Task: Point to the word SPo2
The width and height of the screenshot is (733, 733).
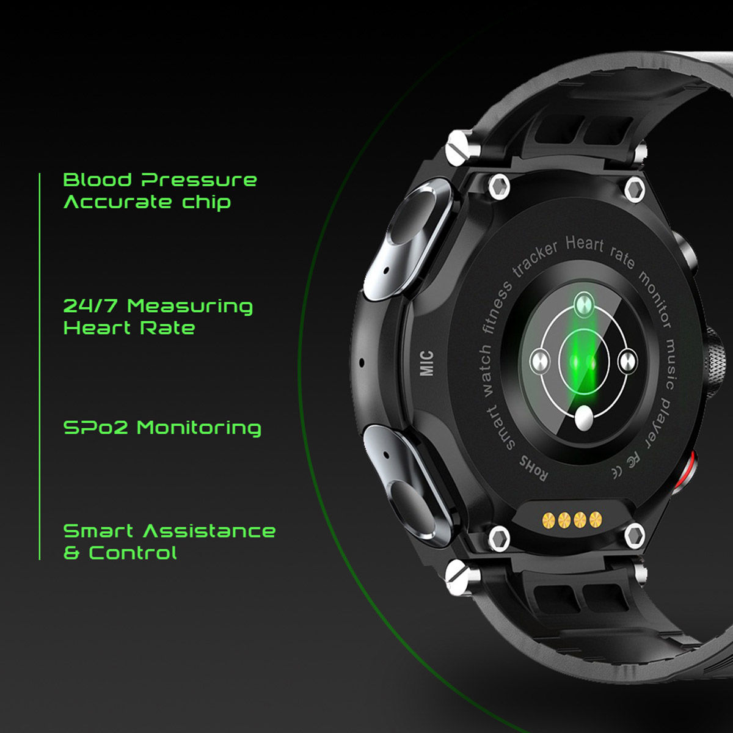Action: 96,428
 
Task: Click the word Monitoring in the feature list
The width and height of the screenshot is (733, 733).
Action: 199,428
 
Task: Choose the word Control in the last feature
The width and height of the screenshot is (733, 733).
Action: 133,553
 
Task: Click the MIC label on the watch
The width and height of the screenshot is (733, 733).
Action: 426,363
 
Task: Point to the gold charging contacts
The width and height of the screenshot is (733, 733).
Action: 571,520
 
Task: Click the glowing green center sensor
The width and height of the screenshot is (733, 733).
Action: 583,362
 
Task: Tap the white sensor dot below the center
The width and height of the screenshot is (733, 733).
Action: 584,418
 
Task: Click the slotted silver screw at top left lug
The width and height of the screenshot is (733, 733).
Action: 458,147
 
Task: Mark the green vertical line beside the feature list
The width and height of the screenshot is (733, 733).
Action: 39,366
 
